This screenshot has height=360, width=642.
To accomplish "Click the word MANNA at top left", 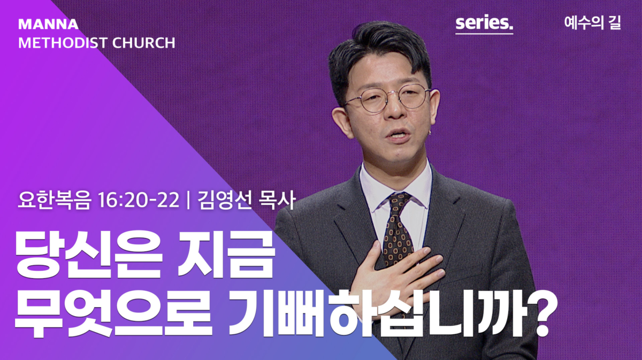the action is point(48,25).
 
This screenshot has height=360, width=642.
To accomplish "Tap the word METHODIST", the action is point(63,43).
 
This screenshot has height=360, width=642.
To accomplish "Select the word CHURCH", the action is point(143,43).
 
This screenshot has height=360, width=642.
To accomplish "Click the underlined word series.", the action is point(484,23).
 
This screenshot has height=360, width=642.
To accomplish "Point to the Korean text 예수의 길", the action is point(592,22).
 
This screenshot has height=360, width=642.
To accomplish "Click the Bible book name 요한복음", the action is point(55,200).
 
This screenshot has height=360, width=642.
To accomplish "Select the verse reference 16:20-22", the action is point(139,200).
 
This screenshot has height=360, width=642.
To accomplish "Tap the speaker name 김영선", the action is point(225,200).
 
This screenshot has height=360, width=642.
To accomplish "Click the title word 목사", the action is point(277,200).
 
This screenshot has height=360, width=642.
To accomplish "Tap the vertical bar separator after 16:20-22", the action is point(188,200).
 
